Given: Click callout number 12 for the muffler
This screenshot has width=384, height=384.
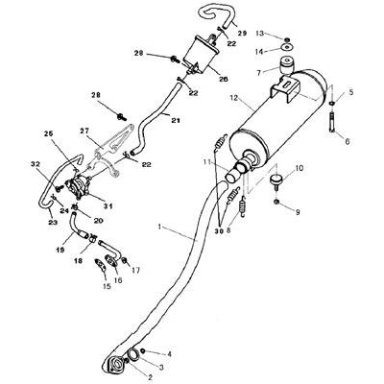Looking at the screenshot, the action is [234, 98].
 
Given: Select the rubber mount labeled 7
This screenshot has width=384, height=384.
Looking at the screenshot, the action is [286, 65].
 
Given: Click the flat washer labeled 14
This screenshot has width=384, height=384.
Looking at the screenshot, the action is [287, 47].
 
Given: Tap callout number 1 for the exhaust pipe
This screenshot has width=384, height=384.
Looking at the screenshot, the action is [160, 227].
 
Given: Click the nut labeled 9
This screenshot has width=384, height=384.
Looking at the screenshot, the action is [277, 202].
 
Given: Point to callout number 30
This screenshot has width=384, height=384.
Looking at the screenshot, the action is [219, 231].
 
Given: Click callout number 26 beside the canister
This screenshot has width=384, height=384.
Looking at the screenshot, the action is [224, 79].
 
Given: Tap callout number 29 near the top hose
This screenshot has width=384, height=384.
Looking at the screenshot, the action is [242, 34].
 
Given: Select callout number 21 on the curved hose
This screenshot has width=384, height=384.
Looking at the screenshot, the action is [176, 121].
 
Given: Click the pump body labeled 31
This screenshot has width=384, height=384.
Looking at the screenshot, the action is [78, 187].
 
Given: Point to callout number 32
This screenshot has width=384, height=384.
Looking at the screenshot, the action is [36, 164].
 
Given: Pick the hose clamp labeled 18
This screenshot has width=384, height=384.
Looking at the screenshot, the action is [93, 238].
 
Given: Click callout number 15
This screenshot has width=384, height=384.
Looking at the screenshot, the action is [107, 286].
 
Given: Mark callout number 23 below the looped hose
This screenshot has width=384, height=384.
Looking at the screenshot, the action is [53, 222].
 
